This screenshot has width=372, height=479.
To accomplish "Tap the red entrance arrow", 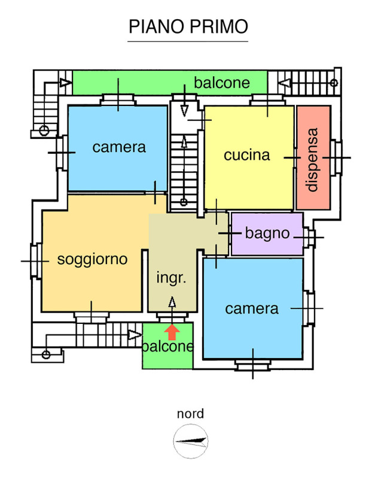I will pos(172,331).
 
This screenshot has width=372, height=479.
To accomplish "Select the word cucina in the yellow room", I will pos(247,155).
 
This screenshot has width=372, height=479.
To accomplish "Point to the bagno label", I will pos(267,234).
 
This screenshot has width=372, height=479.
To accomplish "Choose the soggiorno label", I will pos(92,259).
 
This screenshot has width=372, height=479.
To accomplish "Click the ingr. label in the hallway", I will pos(172,278).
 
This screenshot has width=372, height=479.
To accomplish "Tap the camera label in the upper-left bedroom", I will pos(119,147).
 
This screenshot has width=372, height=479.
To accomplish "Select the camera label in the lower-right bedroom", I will pos(252,308).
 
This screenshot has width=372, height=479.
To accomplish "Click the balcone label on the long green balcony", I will pos(221,83).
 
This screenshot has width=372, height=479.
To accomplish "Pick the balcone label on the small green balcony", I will pos(168,347).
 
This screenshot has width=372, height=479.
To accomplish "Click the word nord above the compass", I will pos(190,414).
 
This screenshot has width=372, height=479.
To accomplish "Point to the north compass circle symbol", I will pos(190,442).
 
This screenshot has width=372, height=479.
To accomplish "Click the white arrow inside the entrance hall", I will pos(172,302).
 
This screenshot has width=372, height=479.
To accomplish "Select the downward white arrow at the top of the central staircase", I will pos(184,111).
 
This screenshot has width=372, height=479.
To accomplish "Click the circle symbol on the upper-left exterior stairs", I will pos(44,129).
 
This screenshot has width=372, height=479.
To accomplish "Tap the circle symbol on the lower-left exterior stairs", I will pos(45,354).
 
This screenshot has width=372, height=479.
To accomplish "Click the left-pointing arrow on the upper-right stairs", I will pos(286,82).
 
